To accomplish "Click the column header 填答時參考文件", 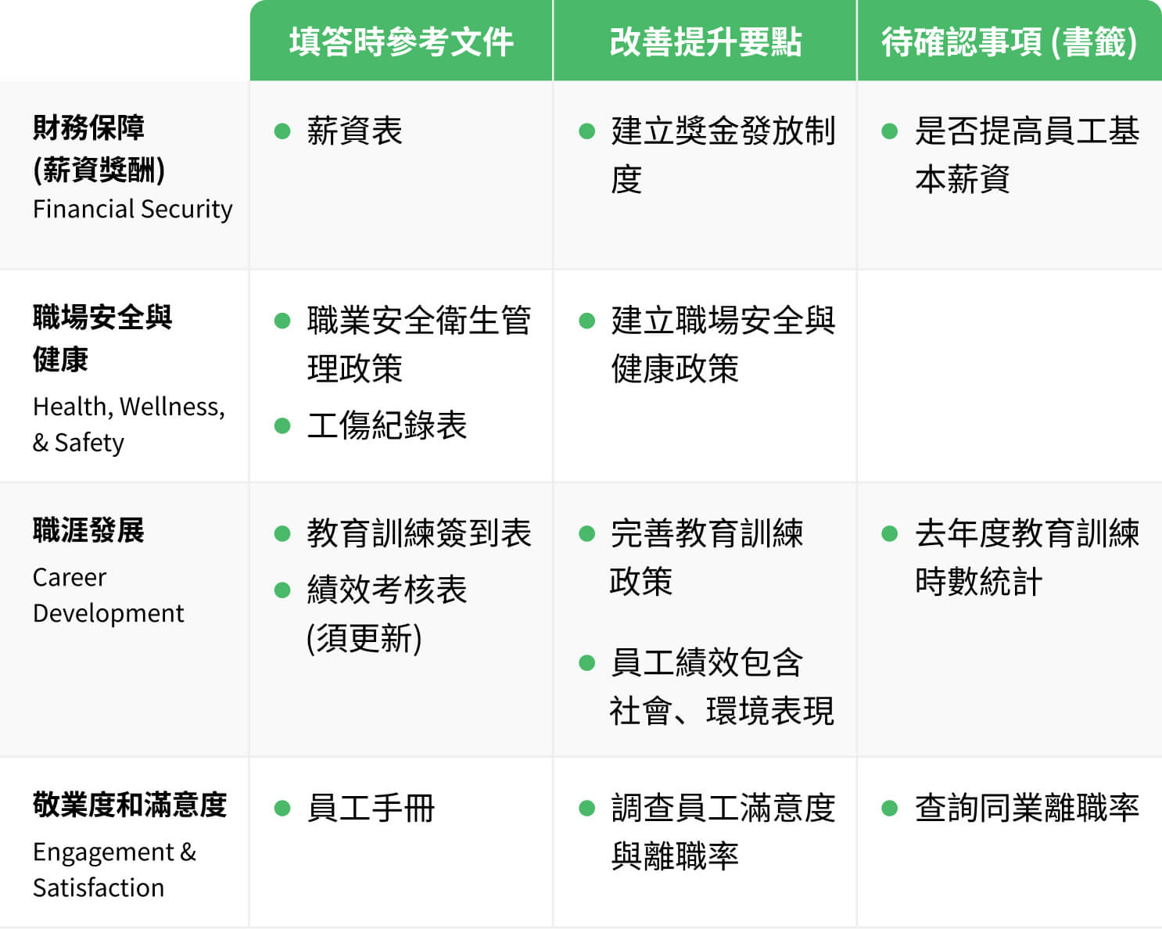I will click(401, 42).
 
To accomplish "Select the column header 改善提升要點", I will click(705, 42).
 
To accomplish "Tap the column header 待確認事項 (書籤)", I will click(1009, 42).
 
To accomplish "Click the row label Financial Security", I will click(133, 210).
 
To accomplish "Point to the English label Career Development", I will click(108, 595).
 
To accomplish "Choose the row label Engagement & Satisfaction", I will click(114, 870).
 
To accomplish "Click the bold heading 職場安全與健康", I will click(102, 338).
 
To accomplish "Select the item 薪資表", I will click(354, 131).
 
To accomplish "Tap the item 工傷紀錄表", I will click(387, 426).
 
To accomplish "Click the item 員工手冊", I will click(371, 809).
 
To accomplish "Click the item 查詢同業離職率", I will click(1027, 809).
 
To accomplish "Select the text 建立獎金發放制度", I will click(723, 155).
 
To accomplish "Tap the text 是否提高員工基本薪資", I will click(1027, 155).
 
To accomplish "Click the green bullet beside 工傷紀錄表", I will click(282, 426).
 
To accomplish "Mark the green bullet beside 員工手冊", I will click(282, 809).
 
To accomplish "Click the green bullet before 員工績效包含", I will click(586, 663).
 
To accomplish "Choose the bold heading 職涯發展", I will click(88, 530).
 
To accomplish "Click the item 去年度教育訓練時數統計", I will click(1027, 558).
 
